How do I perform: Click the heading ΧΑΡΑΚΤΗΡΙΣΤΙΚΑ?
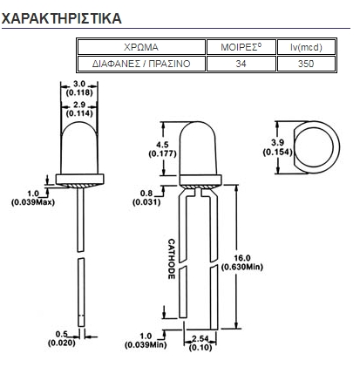point(61,18)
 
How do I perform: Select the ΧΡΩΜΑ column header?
point(141,47)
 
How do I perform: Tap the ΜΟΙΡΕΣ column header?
point(241,47)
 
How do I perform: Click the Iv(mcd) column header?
point(306,47)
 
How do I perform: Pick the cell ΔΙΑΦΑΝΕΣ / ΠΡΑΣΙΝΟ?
point(141,64)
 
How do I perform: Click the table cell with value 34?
point(241,64)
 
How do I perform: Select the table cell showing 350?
point(306,64)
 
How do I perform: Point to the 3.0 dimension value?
point(79,84)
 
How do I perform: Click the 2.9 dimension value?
point(79,105)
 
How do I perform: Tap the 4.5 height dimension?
point(162,145)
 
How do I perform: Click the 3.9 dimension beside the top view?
point(277,143)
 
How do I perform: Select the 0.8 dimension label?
point(146,194)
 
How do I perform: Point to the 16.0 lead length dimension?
point(242,258)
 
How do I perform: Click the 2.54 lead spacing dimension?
point(200,338)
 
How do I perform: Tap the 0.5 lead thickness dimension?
point(62,334)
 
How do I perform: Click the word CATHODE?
point(172,259)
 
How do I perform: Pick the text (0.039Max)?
point(33,202)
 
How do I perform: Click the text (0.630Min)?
point(242,267)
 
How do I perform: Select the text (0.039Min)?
point(146,345)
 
